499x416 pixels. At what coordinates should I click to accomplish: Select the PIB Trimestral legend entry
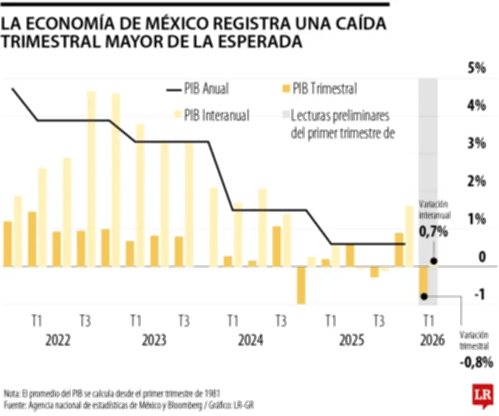click(x=324, y=89)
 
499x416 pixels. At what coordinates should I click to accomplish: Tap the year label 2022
click(x=58, y=340)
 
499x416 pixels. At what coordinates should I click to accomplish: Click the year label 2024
click(x=250, y=340)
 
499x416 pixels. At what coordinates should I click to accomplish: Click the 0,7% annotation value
click(x=434, y=232)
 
